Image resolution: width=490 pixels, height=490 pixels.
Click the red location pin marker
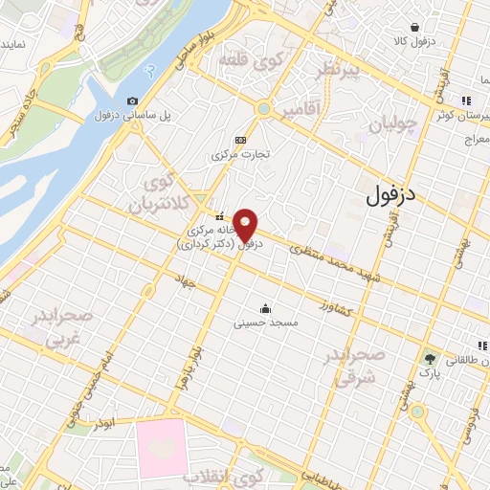tap(246, 225)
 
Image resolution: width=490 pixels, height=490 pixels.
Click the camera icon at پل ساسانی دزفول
tap(132, 101)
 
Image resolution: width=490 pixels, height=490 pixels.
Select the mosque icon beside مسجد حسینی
tap(265, 308)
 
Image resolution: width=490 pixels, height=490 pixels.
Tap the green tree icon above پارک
tap(430, 357)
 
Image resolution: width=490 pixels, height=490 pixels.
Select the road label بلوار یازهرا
tap(197, 362)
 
